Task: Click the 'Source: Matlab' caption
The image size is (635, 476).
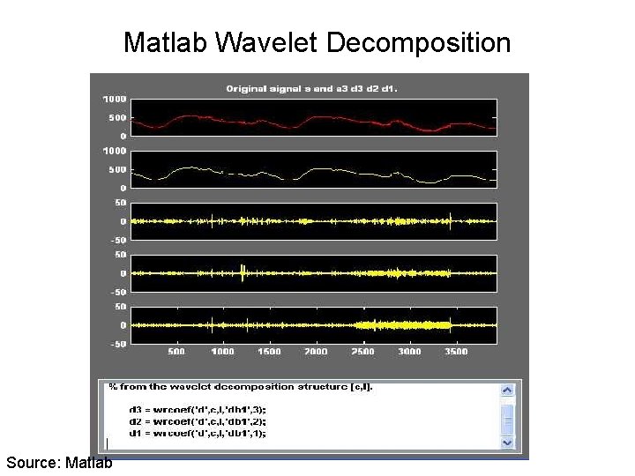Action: pos(59,463)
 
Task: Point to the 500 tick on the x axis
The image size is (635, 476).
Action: pos(176,352)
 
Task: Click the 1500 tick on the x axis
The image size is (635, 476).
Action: pos(269,352)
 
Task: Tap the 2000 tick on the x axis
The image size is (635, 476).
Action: pos(316,352)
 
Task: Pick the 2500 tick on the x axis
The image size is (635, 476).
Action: pos(362,352)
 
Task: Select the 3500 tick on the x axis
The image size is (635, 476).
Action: pos(455,352)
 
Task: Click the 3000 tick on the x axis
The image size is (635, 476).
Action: pos(409,352)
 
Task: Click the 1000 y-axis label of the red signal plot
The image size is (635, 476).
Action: pos(115,99)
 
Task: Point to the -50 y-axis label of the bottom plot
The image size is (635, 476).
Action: pos(116,344)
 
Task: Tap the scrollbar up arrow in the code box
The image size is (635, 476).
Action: pos(507,390)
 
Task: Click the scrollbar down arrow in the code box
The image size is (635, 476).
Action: pos(507,442)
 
